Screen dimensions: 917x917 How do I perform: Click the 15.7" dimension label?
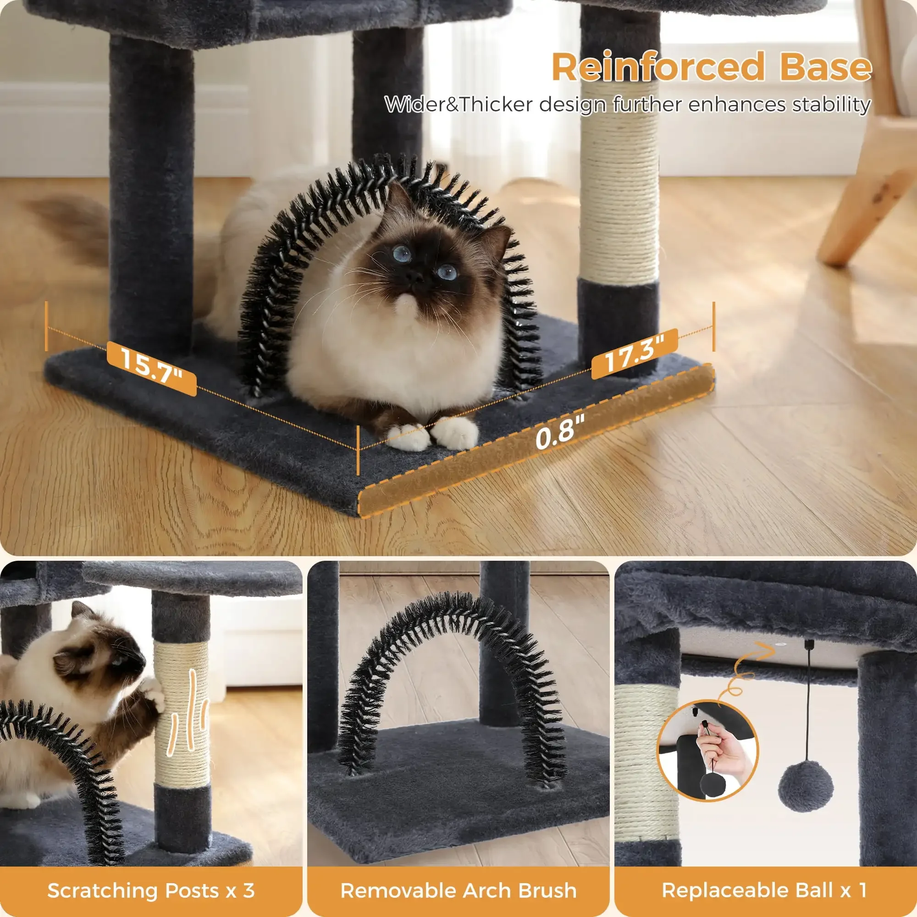coord(151,368)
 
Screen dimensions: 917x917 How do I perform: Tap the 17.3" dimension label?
coord(635,354)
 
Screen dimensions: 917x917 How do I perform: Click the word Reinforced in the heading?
coord(657,67)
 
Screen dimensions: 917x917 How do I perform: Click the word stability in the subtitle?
coord(830,105)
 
